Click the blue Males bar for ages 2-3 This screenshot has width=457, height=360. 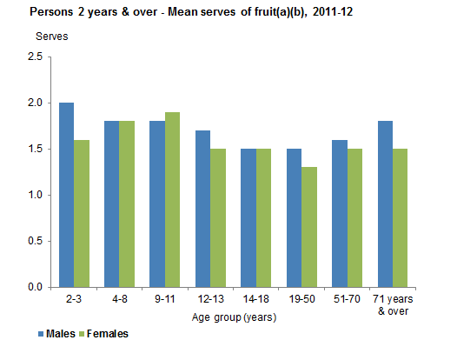pos(67,195)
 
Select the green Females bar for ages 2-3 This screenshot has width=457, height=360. pos(81,213)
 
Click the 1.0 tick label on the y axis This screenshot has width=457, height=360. pos(35,195)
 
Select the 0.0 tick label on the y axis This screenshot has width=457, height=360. pos(35,287)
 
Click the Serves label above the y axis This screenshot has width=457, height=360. pos(51,37)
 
